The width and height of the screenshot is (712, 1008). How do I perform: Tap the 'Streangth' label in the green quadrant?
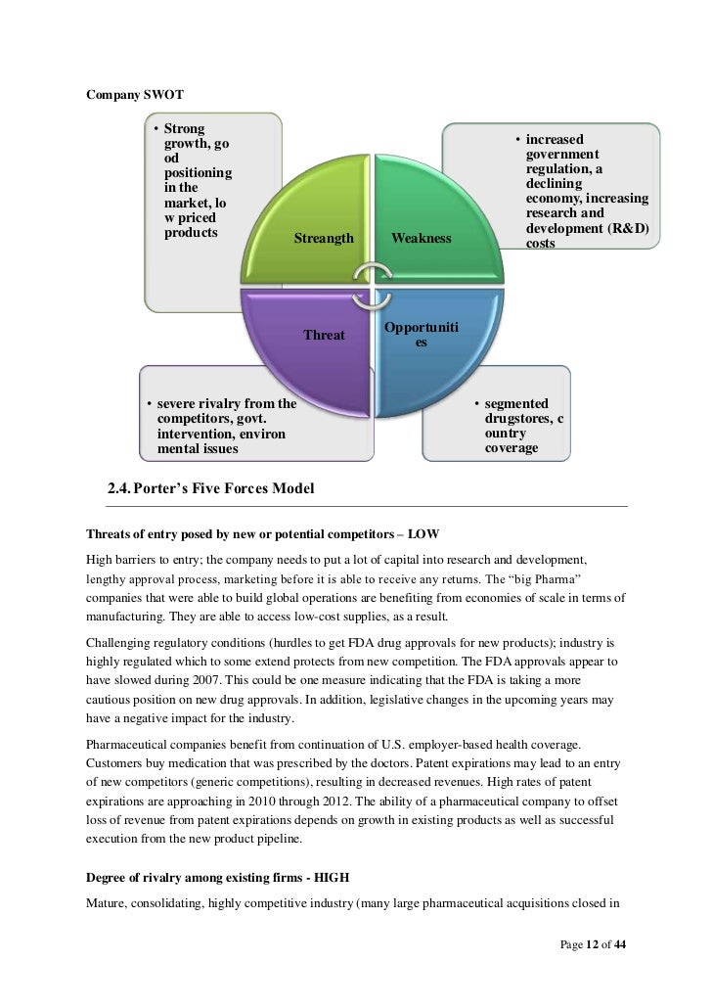[324, 239]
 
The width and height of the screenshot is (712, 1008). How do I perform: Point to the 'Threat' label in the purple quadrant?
[324, 335]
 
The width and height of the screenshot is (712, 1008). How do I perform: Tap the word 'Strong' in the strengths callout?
[185, 128]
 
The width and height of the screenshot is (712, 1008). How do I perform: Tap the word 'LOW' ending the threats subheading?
[423, 534]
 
